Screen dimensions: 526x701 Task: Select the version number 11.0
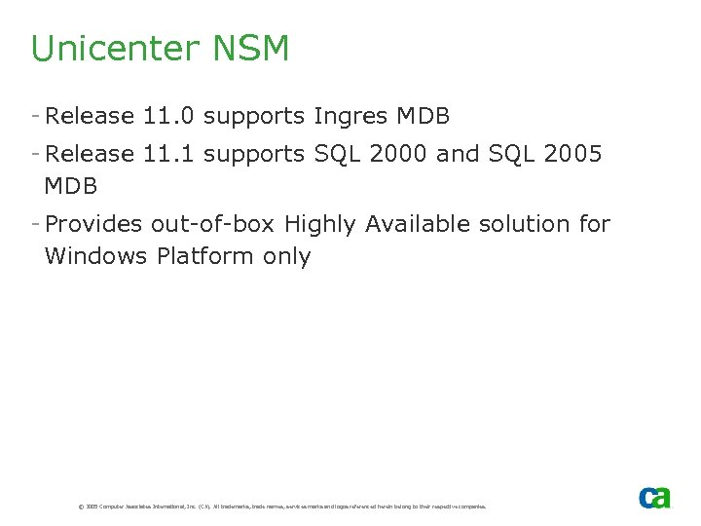pyautogui.click(x=169, y=117)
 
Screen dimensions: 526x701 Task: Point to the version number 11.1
pyautogui.click(x=169, y=153)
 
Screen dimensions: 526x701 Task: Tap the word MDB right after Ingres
pyautogui.click(x=424, y=117)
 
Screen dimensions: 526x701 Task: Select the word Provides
pyautogui.click(x=94, y=224)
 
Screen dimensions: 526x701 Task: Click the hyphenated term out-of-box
pyautogui.click(x=213, y=224)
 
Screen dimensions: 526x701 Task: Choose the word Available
pyautogui.click(x=417, y=224)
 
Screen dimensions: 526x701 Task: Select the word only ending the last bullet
pyautogui.click(x=287, y=257)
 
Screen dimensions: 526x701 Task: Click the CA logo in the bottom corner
pyautogui.click(x=654, y=497)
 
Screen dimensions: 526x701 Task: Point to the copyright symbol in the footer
pyautogui.click(x=80, y=507)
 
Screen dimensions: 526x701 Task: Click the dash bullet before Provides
pyautogui.click(x=35, y=223)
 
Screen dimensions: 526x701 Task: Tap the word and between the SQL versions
pyautogui.click(x=459, y=153)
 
